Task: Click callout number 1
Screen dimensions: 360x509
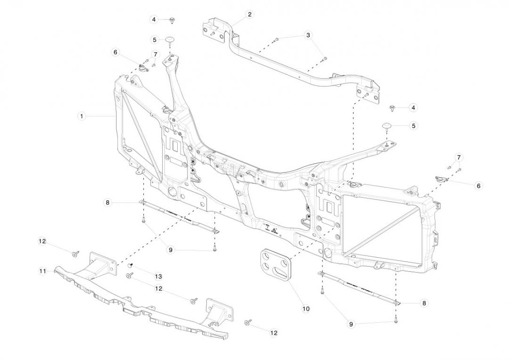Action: coord(82,116)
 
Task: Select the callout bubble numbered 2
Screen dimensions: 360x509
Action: coord(249,14)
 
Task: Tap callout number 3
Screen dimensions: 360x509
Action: coord(308,35)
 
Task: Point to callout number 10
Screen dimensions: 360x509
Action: coord(306,309)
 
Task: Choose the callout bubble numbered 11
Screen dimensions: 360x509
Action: coord(43,271)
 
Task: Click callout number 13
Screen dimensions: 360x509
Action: coord(158,276)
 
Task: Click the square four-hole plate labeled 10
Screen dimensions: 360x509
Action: coord(275,266)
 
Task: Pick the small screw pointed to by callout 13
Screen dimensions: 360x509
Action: coord(132,265)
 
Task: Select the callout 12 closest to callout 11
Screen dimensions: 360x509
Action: coord(42,241)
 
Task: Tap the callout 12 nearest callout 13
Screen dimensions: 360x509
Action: coord(158,288)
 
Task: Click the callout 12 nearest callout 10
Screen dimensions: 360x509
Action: coord(274,333)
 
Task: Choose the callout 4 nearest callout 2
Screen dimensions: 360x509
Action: coord(154,19)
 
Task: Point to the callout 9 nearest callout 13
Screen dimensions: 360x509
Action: coord(171,250)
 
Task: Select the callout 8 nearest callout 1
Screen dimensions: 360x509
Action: coord(108,203)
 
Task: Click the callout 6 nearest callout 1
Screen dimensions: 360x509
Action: coord(115,52)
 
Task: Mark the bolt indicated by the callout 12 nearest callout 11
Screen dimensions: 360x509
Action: coord(74,254)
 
